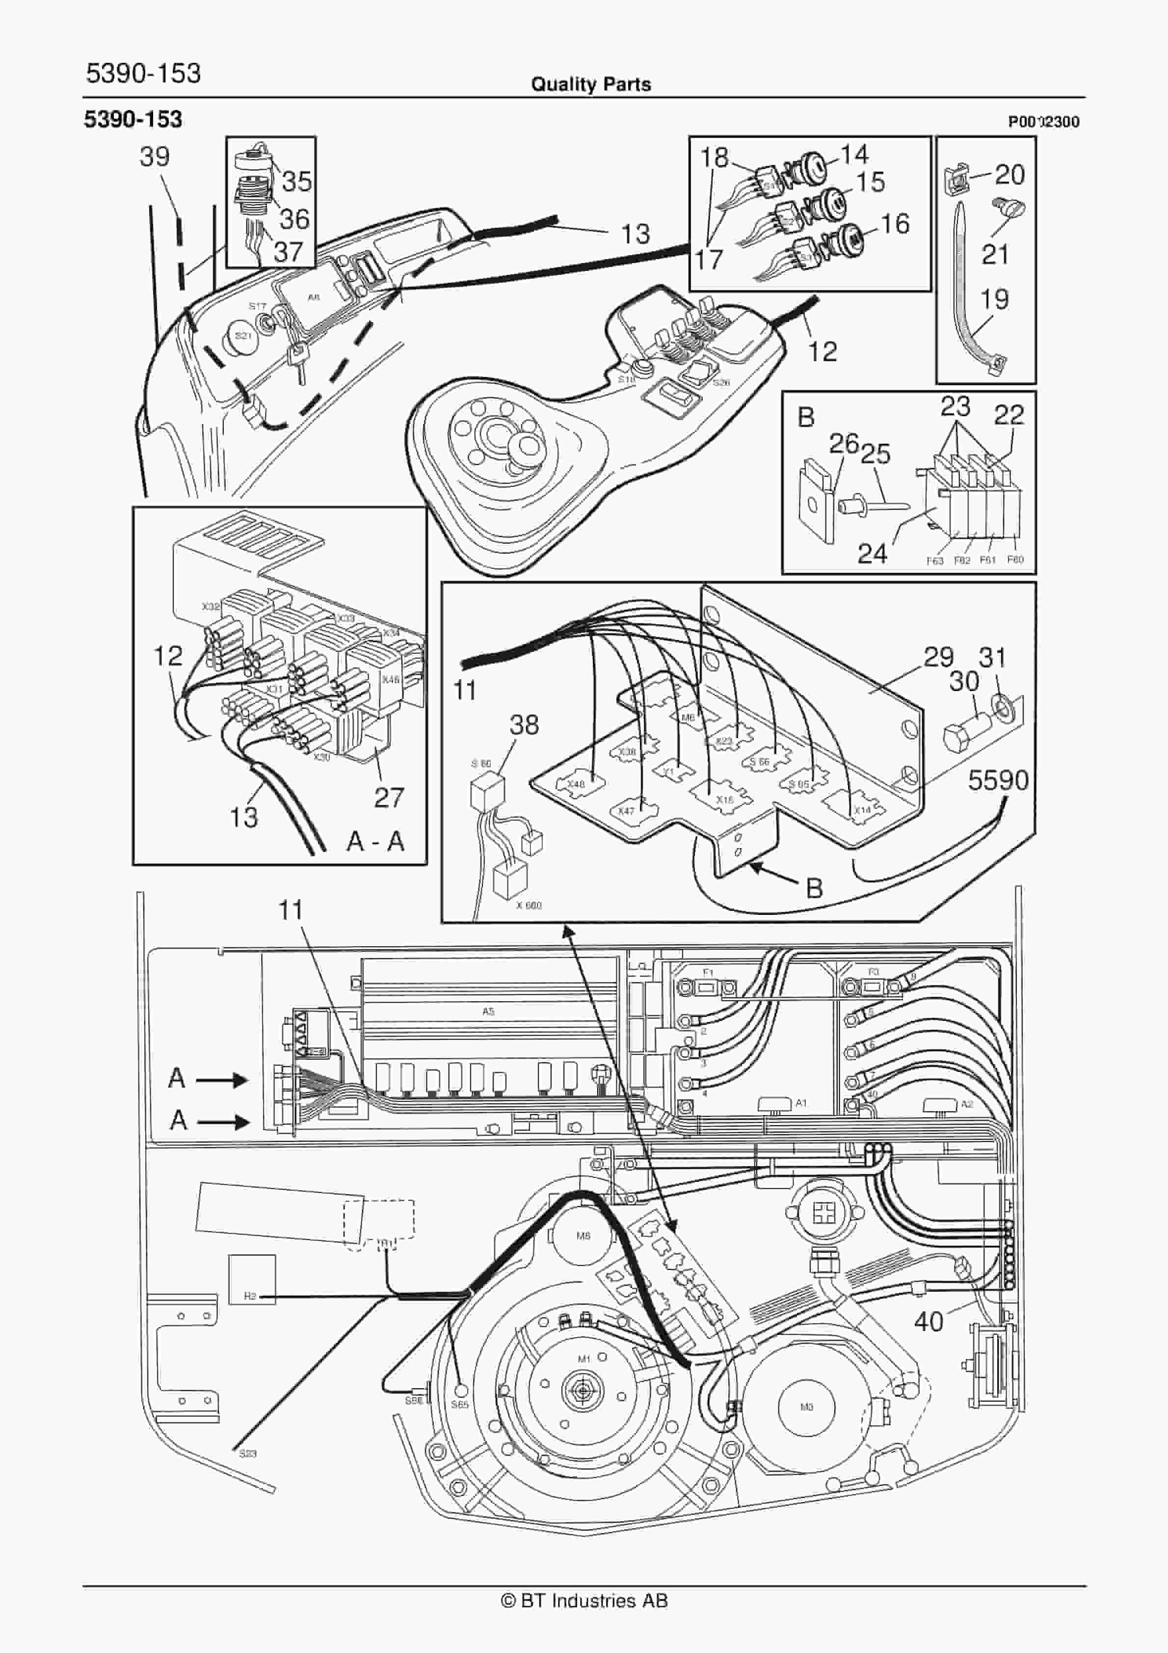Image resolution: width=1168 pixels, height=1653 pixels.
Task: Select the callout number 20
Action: (1009, 174)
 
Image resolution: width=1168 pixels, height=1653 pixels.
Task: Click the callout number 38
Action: (524, 724)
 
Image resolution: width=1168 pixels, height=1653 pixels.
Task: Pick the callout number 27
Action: (389, 797)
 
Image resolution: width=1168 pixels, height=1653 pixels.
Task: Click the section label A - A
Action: (375, 841)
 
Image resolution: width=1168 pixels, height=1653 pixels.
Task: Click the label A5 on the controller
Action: (488, 1012)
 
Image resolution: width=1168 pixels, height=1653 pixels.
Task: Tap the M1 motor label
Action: (584, 1359)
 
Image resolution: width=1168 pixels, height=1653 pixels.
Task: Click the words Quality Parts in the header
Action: (590, 84)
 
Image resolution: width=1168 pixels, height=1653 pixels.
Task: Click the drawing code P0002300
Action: (1043, 122)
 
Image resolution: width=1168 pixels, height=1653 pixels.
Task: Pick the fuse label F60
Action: (1014, 560)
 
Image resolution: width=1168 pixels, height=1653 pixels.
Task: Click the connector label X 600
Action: (529, 905)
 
